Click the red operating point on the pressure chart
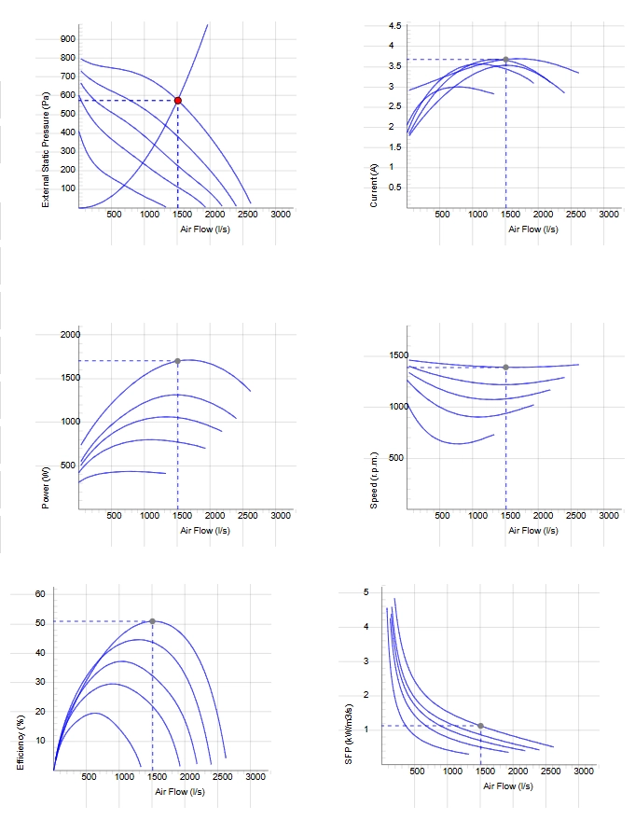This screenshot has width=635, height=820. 178,101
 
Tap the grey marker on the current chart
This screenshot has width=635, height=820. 506,60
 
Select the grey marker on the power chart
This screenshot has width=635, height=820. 178,361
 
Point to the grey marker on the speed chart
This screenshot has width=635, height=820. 506,368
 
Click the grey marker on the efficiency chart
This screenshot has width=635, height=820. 153,621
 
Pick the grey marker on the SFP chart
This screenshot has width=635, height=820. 481,726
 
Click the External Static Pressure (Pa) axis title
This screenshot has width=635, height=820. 46,149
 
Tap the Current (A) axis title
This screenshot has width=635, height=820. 374,185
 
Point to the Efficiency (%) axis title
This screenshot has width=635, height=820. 21,742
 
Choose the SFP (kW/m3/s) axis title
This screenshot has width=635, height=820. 349,734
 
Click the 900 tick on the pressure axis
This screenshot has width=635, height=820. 68,38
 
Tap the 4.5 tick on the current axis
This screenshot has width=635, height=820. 395,25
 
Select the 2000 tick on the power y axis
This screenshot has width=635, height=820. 70,335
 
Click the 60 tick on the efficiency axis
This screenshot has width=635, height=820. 40,593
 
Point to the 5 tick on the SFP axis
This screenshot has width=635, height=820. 366,592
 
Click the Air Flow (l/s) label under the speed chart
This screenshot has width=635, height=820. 533,530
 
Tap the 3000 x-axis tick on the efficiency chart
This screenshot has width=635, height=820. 255,776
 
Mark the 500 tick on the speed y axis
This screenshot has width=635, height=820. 396,458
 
